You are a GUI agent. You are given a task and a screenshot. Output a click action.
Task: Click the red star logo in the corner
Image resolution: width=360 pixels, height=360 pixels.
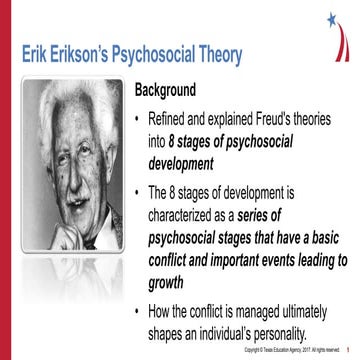click(333, 20)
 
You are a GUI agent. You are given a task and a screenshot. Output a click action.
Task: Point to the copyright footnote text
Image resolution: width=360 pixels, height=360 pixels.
click(290, 351)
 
